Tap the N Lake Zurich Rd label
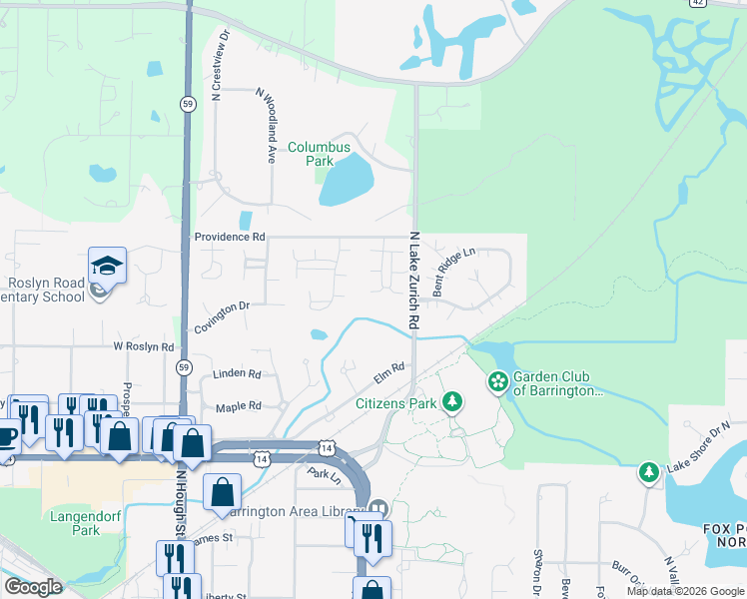click(412, 283)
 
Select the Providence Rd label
click(230, 237)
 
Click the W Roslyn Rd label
click(144, 346)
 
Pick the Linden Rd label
click(237, 374)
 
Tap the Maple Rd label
click(239, 406)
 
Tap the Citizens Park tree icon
click(453, 401)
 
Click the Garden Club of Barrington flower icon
click(497, 381)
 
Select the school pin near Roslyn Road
click(107, 266)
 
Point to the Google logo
click(33, 587)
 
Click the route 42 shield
click(698, 3)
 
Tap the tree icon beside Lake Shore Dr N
click(650, 471)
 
